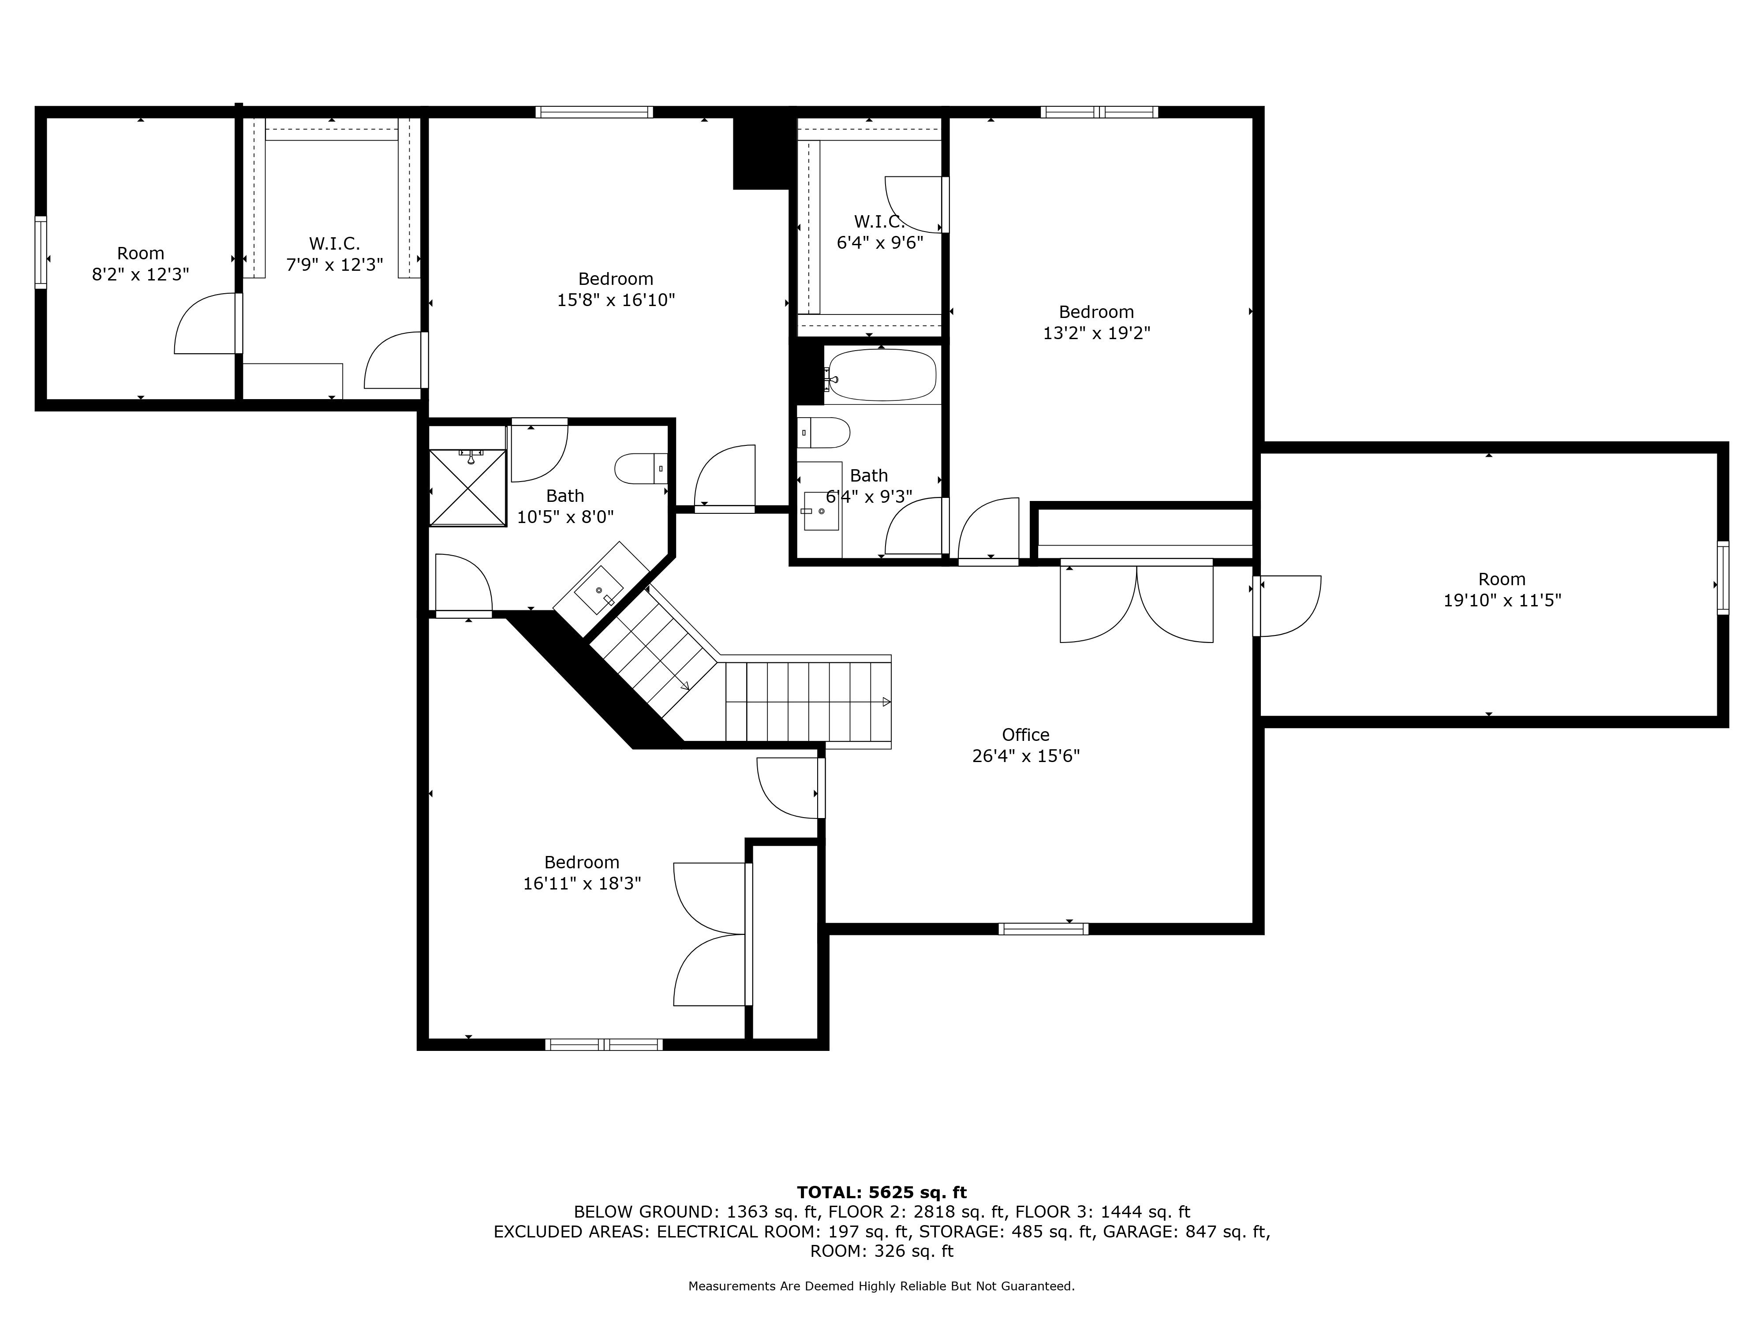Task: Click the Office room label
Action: pos(1025,734)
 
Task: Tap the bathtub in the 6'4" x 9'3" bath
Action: pos(882,375)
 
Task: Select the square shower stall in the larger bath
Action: pos(467,487)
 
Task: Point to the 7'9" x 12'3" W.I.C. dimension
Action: pos(335,265)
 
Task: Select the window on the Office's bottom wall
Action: pos(1043,928)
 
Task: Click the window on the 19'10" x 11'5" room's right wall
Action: pos(1723,578)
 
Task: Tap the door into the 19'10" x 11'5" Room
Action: pos(1286,606)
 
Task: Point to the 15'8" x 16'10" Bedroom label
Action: pos(616,279)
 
